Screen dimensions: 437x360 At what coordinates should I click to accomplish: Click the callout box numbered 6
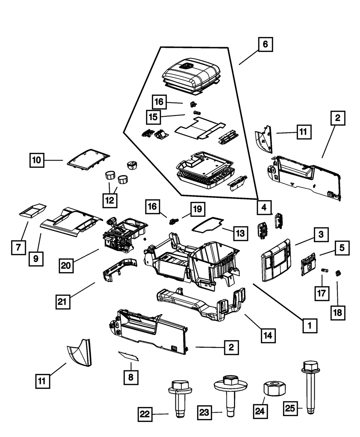point(265,45)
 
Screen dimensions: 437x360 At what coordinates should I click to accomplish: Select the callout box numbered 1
point(309,326)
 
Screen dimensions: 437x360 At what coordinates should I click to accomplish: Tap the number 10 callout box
point(37,160)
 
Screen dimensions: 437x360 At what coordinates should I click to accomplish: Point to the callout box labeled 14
point(269,335)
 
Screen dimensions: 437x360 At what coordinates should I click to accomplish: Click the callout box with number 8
point(131,377)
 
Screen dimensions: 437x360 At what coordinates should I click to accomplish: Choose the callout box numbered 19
point(198,209)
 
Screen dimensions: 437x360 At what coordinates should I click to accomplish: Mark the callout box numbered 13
point(240,234)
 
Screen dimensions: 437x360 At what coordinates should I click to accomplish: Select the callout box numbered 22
point(145,414)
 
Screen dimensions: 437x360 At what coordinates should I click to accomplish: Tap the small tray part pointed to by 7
point(32,210)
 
